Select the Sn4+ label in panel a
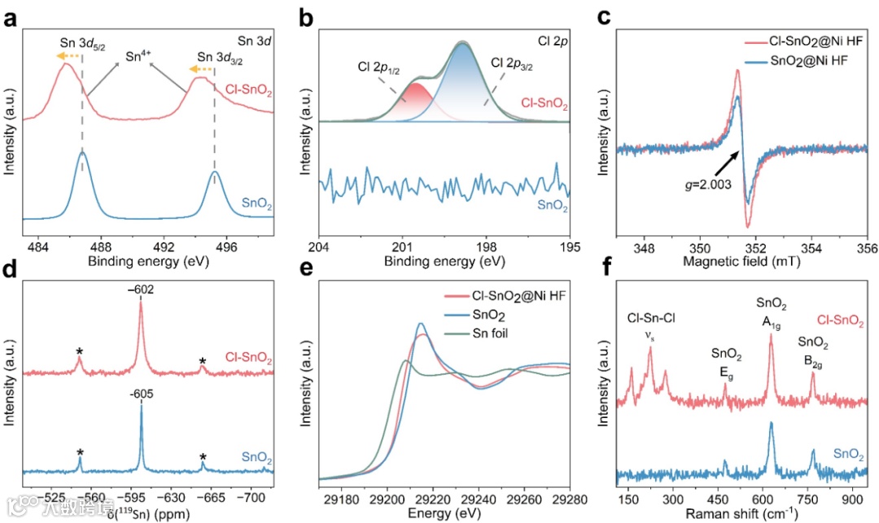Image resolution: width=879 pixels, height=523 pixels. pyautogui.click(x=138, y=58)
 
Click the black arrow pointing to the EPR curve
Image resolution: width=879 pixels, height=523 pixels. pyautogui.click(x=718, y=167)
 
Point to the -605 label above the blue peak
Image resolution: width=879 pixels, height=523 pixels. pyautogui.click(x=141, y=394)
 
